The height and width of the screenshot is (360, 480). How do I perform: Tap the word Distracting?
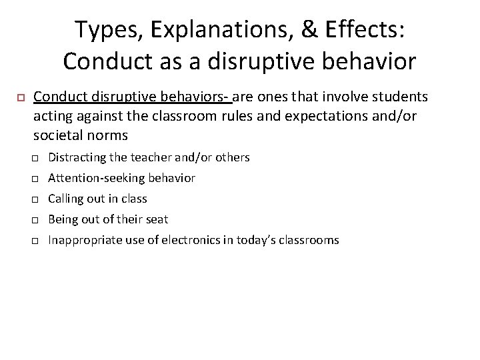click(77, 157)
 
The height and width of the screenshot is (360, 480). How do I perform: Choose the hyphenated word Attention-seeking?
click(96, 178)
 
